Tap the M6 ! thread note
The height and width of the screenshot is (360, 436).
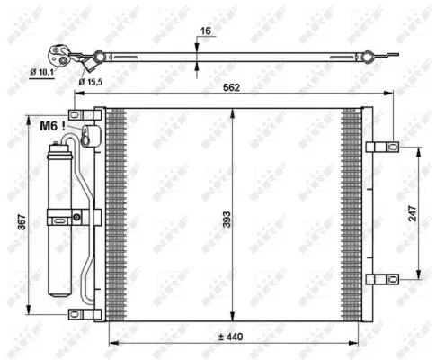51,125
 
